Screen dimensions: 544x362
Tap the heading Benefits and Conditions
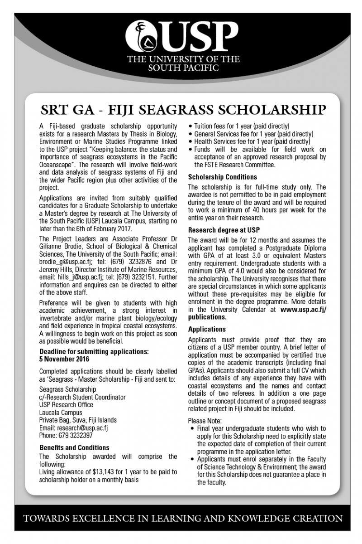[x=74, y=447]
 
